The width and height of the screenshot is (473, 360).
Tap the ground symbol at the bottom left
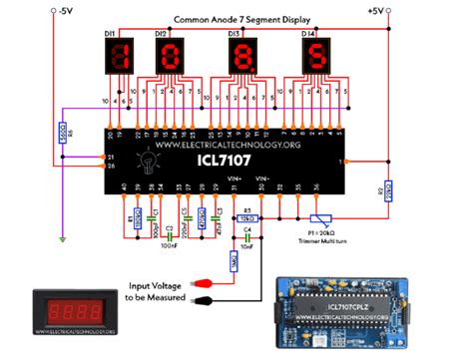coord(63,238)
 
